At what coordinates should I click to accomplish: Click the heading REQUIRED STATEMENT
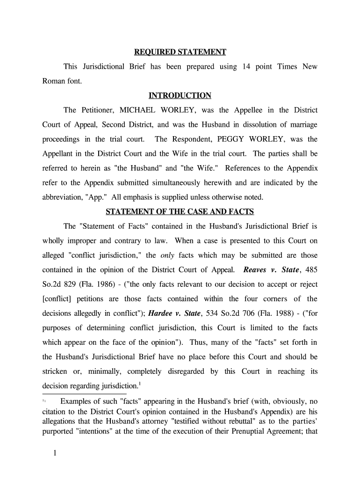pos(180,52)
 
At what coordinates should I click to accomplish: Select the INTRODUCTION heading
pos(180,96)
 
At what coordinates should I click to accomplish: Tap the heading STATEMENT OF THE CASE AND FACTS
pos(180,212)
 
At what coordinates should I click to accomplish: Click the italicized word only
pos(167,256)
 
